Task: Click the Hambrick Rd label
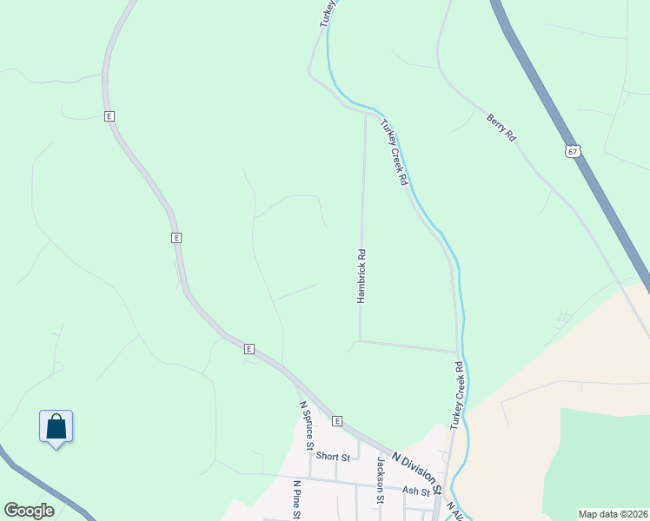361,276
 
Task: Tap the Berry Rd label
501,127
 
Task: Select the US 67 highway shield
571,150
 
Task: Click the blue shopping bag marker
56,427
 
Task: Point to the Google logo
29,511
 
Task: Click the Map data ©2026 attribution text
614,514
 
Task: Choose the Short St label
333,456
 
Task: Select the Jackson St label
380,480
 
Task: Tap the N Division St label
418,470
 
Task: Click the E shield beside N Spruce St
335,421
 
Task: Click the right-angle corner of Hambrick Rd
360,340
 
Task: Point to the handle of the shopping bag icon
56,419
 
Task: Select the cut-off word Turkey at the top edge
327,13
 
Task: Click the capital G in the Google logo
11,511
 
